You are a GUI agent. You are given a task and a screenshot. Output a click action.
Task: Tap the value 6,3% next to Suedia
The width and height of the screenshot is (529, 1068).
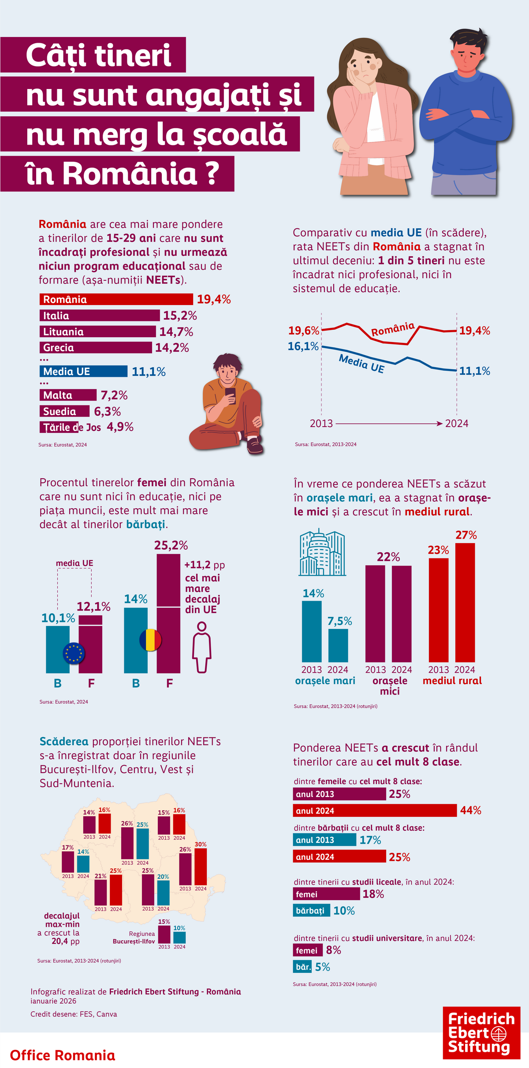107,411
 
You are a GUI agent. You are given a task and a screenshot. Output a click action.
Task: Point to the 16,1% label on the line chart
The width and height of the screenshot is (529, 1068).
303,346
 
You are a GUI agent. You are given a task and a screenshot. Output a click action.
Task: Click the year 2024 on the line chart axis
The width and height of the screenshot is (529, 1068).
457,424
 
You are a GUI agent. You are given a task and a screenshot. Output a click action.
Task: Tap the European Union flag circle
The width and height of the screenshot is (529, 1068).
74,653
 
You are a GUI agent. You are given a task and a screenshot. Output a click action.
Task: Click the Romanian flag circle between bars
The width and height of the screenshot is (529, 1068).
150,640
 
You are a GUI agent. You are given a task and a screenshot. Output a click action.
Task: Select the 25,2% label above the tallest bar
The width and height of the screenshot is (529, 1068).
171,546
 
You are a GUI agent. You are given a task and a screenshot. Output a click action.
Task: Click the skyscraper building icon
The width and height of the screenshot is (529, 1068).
322,553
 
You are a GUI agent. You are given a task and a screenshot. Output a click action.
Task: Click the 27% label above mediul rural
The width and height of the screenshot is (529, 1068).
466,535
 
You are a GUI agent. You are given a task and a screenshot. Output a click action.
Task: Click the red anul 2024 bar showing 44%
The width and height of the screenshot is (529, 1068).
375,811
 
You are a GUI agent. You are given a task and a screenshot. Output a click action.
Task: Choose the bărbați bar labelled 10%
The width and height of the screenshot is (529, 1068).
311,911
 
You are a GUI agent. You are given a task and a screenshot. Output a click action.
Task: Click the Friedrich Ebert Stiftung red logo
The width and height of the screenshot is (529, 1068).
481,1033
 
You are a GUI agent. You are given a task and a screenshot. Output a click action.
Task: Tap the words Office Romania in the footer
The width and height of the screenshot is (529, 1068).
63,1055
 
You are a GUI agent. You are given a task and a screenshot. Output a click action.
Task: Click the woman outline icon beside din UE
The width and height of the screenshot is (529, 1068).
201,647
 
